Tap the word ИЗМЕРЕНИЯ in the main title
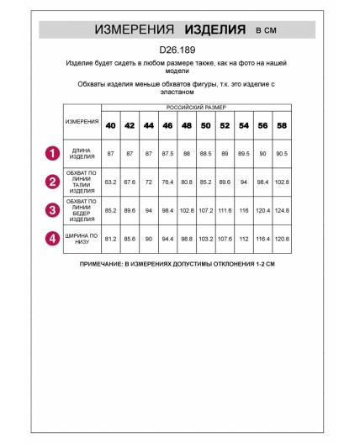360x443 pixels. click(134, 29)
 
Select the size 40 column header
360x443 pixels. click(110, 125)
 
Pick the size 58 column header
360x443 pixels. click(281, 125)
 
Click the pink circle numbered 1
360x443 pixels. click(52, 153)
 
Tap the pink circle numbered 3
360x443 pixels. click(52, 209)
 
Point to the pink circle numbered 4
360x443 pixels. click(52, 238)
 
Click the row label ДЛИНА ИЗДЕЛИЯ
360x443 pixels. click(82, 153)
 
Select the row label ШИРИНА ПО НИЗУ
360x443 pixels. click(82, 238)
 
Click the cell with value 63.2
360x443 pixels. click(110, 181)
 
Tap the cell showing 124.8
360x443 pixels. click(281, 209)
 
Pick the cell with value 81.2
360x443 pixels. click(110, 238)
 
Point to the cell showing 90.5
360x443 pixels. click(281, 153)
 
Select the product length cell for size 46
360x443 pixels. click(167, 153)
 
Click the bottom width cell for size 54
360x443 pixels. click(243, 238)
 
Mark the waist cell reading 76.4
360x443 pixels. click(167, 181)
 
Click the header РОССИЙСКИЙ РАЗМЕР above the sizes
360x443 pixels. click(195, 109)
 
